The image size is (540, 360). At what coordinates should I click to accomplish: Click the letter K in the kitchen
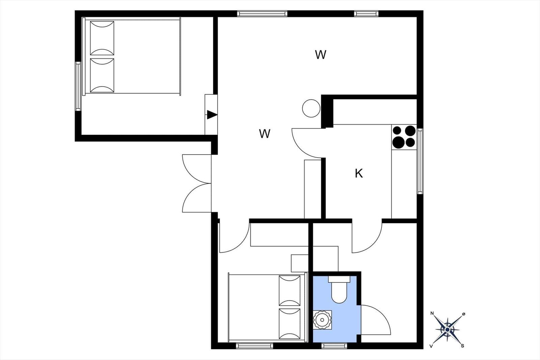point(359,173)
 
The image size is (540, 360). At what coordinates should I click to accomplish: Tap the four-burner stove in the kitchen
point(404,137)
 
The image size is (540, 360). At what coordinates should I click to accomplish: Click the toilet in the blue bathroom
point(339,289)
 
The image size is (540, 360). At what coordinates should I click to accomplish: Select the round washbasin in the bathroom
point(322,320)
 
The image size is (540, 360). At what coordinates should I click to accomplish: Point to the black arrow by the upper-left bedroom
point(212,115)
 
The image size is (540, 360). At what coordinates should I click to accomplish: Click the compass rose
point(448,330)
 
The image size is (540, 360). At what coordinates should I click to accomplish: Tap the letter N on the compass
point(432,313)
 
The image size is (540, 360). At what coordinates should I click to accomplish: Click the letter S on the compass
point(462,346)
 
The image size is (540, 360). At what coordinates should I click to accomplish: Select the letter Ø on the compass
point(464,314)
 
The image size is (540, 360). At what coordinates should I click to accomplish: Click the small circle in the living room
point(311,108)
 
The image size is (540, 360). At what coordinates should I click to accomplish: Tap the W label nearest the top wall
point(321,55)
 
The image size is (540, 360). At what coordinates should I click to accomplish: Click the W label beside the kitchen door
point(265,134)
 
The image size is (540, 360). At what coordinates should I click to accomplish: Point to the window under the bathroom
point(334,346)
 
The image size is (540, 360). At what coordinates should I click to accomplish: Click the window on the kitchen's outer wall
point(420,162)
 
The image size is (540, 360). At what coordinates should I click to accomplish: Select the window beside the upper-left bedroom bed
point(78,86)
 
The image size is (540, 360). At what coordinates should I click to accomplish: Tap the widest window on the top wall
point(262,13)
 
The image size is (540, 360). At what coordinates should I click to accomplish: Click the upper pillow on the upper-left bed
point(102,38)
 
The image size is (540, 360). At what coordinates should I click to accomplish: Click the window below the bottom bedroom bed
point(254,346)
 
